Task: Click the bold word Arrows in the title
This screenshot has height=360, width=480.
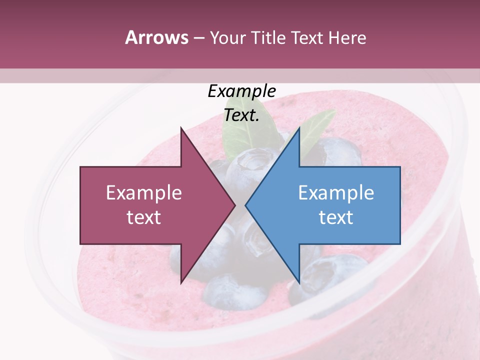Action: pyautogui.click(x=156, y=37)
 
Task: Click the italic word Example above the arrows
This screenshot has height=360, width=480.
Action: pyautogui.click(x=241, y=91)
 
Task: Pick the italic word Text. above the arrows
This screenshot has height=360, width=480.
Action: pyautogui.click(x=241, y=115)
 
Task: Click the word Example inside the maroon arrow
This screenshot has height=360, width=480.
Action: pyautogui.click(x=144, y=193)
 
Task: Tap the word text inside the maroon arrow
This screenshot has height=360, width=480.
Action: pyautogui.click(x=144, y=217)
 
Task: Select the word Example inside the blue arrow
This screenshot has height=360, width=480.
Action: pyautogui.click(x=336, y=193)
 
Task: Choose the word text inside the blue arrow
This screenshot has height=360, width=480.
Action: pyautogui.click(x=336, y=217)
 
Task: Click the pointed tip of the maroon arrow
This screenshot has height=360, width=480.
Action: pyautogui.click(x=235, y=205)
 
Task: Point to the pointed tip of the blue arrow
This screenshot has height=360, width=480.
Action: pyautogui.click(x=245, y=205)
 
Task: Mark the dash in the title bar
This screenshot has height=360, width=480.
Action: pyautogui.click(x=198, y=37)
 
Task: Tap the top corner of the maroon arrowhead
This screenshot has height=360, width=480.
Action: pyautogui.click(x=181, y=127)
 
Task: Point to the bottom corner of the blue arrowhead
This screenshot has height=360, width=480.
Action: pyautogui.click(x=299, y=283)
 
